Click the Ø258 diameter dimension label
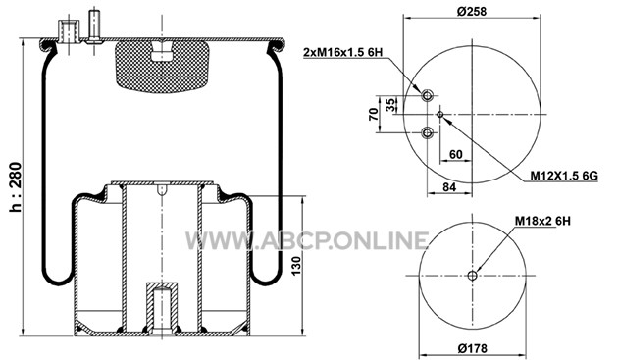[472, 11]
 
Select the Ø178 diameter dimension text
[473, 348]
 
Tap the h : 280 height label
[16, 187]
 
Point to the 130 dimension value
[296, 266]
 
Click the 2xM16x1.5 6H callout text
[343, 52]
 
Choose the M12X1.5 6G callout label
[564, 176]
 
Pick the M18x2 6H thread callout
[542, 221]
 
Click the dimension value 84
[449, 187]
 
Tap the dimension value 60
[455, 154]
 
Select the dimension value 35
[389, 105]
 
